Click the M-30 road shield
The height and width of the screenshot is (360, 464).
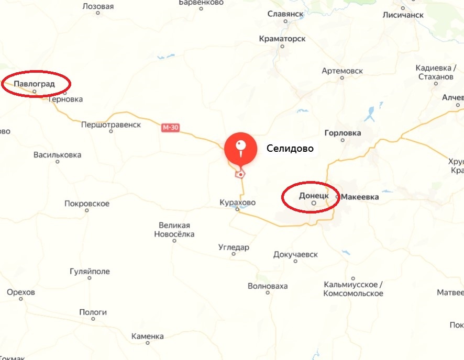pos(170,128)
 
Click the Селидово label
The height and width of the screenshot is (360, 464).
pos(290,149)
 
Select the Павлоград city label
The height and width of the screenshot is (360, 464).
pos(35,83)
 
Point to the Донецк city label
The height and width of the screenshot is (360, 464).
pos(313,195)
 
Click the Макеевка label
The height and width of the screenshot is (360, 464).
pos(360,197)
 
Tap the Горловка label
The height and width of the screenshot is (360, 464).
pos(343,133)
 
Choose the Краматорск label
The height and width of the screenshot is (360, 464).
pos(282,39)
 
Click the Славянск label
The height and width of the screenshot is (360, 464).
pos(285,14)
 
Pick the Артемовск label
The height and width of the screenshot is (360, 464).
pos(342,71)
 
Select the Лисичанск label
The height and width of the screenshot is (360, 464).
pos(403,15)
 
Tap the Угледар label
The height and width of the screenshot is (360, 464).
pos(234,248)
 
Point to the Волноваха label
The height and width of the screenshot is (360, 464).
pos(268,286)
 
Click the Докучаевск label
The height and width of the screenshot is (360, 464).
pos(295,255)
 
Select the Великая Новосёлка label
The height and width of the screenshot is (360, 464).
pos(174,230)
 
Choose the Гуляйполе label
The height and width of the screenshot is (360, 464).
pos(90,272)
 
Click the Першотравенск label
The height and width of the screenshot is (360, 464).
pos(111,125)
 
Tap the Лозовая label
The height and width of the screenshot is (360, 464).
pos(98,7)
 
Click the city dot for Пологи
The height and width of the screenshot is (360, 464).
pos(93,319)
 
